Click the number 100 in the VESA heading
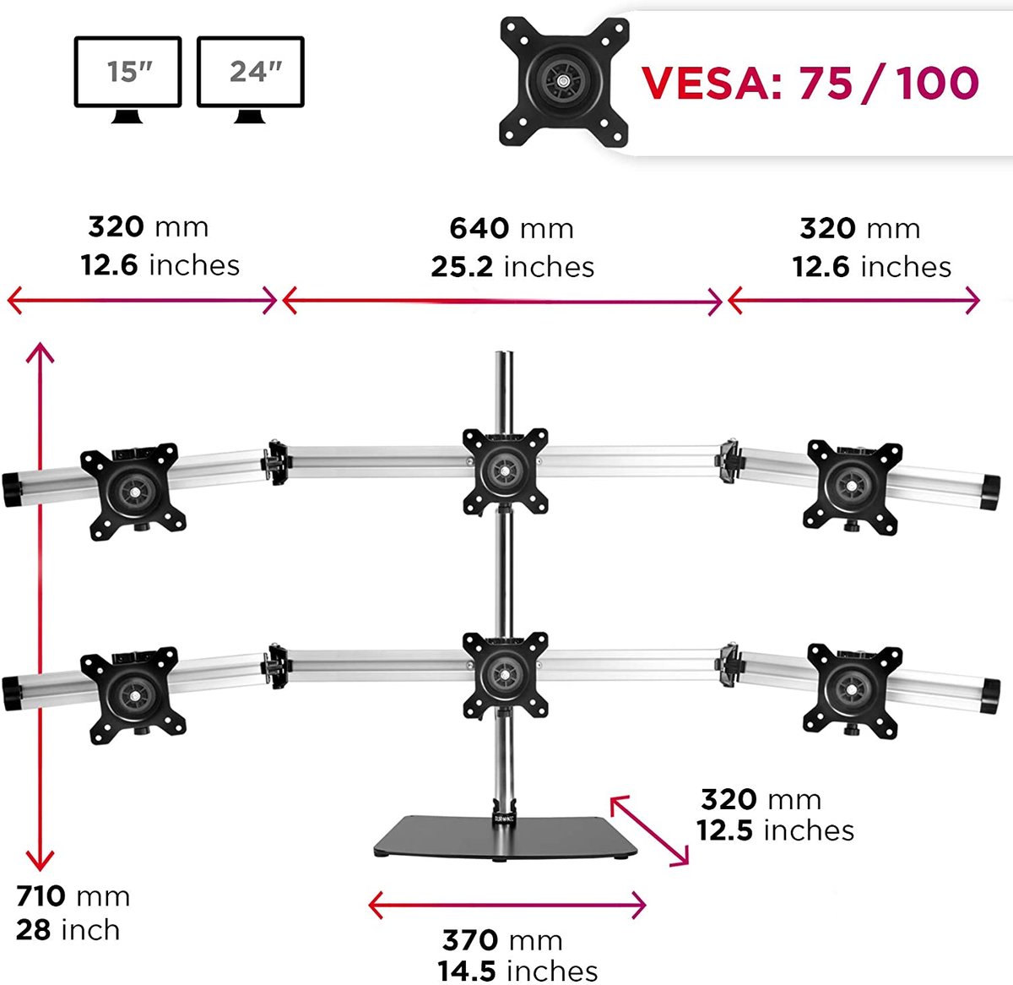coord(937,83)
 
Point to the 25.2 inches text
coord(512,267)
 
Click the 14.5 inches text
coord(517,971)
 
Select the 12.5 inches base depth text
coord(775,830)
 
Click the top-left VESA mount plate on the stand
coord(133,489)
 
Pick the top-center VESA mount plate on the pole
coord(506,470)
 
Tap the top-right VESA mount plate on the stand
coord(851,485)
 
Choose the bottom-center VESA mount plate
coord(506,674)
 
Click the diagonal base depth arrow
coord(649,830)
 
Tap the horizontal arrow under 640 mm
coord(503,301)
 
